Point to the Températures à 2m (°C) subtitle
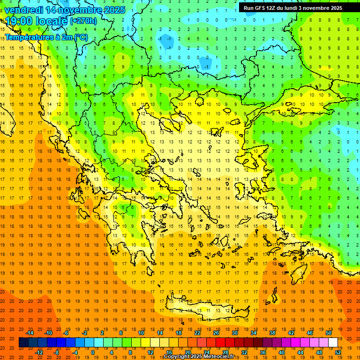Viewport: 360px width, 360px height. tap(46, 37)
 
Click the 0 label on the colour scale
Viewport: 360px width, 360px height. tap(93, 352)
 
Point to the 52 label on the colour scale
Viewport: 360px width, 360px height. tap(338, 352)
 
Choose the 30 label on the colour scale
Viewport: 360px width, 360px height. tap(235, 333)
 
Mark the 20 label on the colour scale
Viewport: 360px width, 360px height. tap(187, 352)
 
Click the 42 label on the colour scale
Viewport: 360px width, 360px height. tap(291, 333)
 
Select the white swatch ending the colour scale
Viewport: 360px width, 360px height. tap(333, 343)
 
